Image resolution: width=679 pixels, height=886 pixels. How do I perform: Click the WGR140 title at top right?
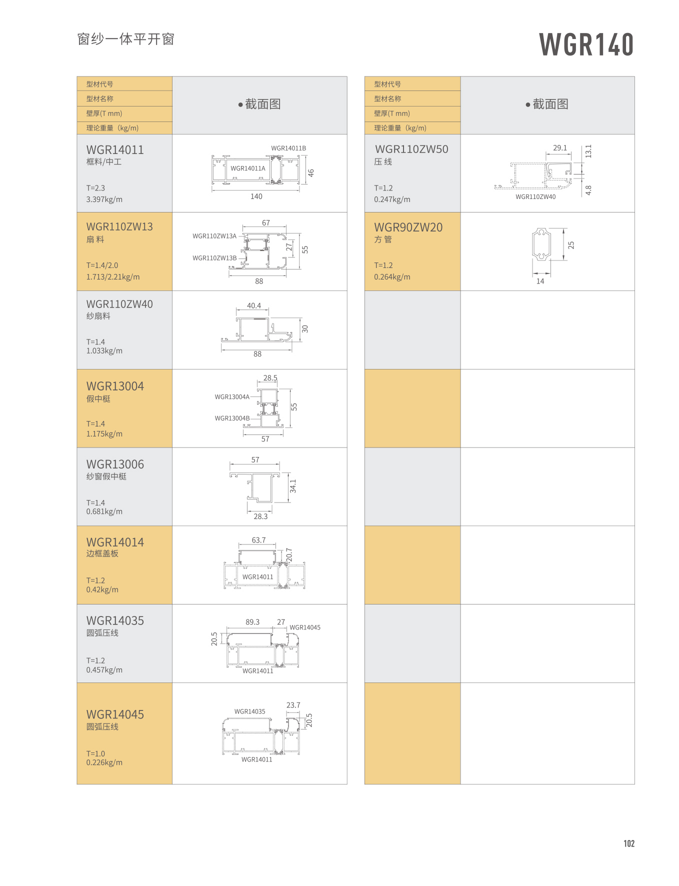pyautogui.click(x=586, y=44)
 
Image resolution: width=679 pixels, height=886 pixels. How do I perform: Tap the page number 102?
pyautogui.click(x=628, y=843)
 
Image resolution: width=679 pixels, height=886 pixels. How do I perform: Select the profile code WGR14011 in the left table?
pyautogui.click(x=115, y=150)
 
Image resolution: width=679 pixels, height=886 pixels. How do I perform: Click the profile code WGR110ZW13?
pyautogui.click(x=119, y=227)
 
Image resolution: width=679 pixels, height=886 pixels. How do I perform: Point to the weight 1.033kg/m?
pyautogui.click(x=104, y=351)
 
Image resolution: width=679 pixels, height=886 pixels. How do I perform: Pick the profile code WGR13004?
pyautogui.click(x=115, y=386)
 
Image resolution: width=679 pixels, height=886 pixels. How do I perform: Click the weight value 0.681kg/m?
pyautogui.click(x=104, y=511)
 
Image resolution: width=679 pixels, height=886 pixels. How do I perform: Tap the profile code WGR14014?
pyautogui.click(x=115, y=542)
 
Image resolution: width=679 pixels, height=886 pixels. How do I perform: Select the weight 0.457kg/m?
pyautogui.click(x=104, y=670)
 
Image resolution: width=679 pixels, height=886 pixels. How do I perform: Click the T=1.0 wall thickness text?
pyautogui.click(x=95, y=753)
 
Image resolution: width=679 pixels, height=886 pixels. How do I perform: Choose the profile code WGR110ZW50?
pyautogui.click(x=411, y=149)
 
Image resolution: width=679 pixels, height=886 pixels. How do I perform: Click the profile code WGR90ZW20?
pyautogui.click(x=408, y=227)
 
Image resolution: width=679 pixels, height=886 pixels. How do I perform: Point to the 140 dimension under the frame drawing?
pyautogui.click(x=256, y=196)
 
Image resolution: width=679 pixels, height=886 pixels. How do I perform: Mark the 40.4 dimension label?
pyautogui.click(x=253, y=305)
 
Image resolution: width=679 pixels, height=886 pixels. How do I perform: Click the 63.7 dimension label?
pyautogui.click(x=258, y=540)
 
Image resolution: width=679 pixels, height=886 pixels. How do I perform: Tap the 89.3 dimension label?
pyautogui.click(x=252, y=622)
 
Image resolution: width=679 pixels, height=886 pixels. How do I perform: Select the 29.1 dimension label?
pyautogui.click(x=560, y=148)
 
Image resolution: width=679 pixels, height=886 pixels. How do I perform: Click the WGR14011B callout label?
pyautogui.click(x=288, y=148)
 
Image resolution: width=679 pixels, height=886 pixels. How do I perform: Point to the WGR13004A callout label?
pyautogui.click(x=232, y=397)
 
